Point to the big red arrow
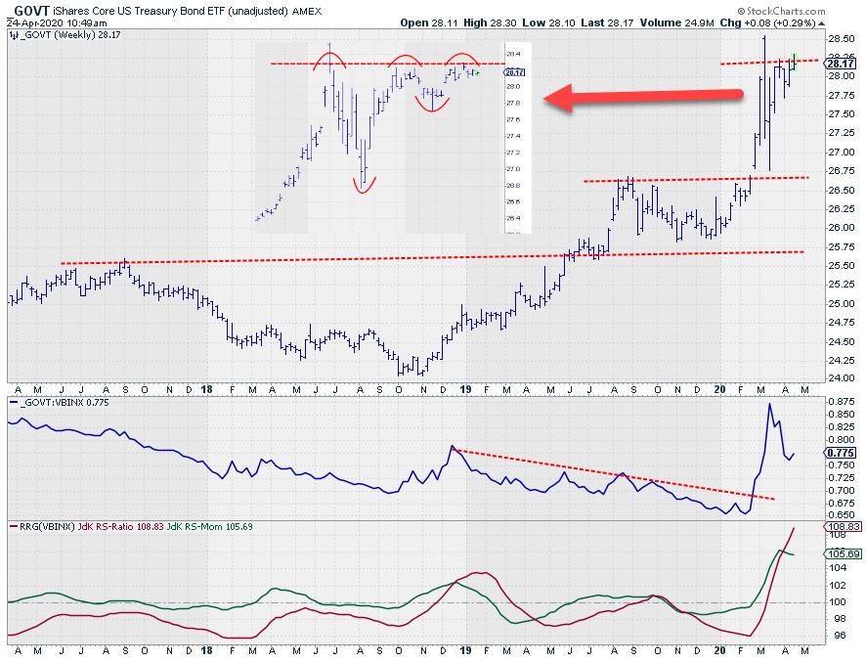pyautogui.click(x=640, y=96)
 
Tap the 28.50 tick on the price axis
pyautogui.click(x=840, y=38)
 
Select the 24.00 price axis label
pyautogui.click(x=840, y=378)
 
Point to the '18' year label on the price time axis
pyautogui.click(x=208, y=389)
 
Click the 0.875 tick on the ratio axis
pyautogui.click(x=840, y=402)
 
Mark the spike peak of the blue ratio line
pyautogui.click(x=769, y=404)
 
